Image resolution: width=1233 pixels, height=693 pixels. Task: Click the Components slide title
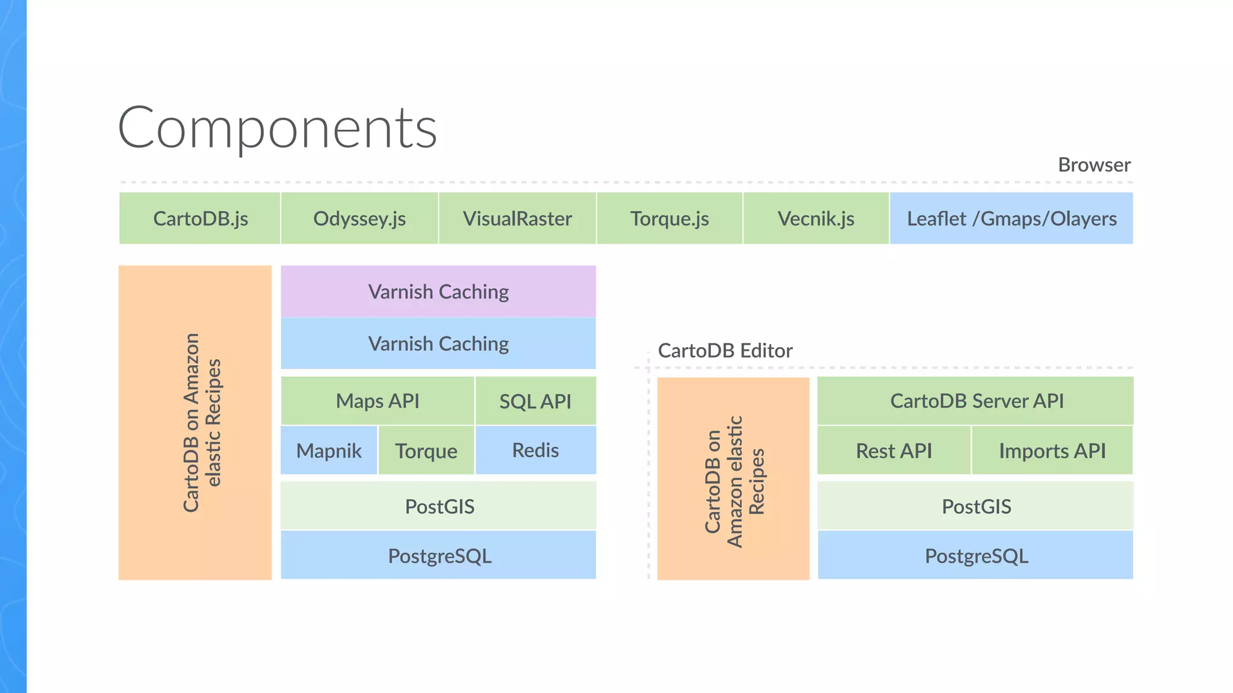click(277, 128)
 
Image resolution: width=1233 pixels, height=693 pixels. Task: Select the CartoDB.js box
click(200, 218)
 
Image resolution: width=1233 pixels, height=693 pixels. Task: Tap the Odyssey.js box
click(359, 218)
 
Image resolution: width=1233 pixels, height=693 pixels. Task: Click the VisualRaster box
click(517, 218)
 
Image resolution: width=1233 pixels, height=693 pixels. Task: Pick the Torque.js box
click(669, 218)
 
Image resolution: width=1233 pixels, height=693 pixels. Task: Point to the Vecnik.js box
click(816, 218)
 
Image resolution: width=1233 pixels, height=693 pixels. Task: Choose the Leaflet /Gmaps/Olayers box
click(1011, 218)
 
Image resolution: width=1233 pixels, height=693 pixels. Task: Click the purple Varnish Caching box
click(438, 292)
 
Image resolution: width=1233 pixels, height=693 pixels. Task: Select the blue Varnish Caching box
click(438, 343)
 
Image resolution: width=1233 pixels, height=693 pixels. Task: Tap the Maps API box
click(377, 401)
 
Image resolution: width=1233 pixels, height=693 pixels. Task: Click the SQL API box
click(535, 401)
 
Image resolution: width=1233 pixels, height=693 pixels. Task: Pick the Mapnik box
click(329, 451)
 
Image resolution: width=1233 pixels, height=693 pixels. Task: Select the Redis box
click(535, 450)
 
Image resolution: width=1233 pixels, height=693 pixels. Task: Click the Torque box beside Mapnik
click(426, 451)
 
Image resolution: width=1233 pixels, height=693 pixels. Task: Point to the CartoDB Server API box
click(976, 401)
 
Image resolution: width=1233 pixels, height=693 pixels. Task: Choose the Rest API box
click(893, 451)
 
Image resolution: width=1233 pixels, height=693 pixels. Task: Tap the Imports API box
click(1052, 451)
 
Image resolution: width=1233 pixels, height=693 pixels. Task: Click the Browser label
click(1094, 165)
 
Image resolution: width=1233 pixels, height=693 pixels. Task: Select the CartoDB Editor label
click(725, 351)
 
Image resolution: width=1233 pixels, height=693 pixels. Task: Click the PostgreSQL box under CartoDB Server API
click(976, 555)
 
